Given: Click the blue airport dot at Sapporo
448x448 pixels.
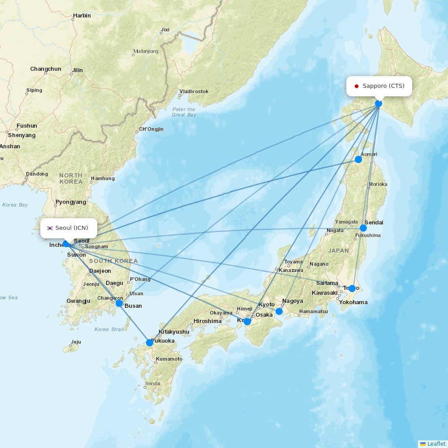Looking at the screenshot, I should point(379,103).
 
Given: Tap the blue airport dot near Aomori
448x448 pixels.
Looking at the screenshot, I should point(358,159).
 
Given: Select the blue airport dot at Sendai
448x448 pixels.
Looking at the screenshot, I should point(363,228).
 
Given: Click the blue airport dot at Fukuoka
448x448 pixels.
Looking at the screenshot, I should point(150,343).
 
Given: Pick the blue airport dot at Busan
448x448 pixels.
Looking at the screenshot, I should point(119,303).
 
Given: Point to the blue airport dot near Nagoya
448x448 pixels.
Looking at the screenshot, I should point(279,311).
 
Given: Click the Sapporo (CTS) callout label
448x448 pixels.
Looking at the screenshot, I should point(379,86).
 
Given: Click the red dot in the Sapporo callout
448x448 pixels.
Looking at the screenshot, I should point(357,86).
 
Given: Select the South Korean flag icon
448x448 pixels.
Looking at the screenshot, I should point(50,228).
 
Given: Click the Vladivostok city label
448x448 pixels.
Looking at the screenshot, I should point(194,91).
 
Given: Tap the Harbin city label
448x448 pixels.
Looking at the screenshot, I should point(82,16).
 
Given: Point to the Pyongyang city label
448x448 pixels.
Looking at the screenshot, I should point(71,202).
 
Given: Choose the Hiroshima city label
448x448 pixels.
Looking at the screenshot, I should point(207,321).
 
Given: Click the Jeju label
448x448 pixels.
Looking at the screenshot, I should point(76,342).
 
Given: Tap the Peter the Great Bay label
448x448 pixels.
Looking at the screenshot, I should point(184,112).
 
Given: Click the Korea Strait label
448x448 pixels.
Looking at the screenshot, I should point(109,329).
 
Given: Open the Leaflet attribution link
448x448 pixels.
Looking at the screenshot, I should point(436,444).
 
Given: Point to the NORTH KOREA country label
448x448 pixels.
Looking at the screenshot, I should point(71,178).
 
